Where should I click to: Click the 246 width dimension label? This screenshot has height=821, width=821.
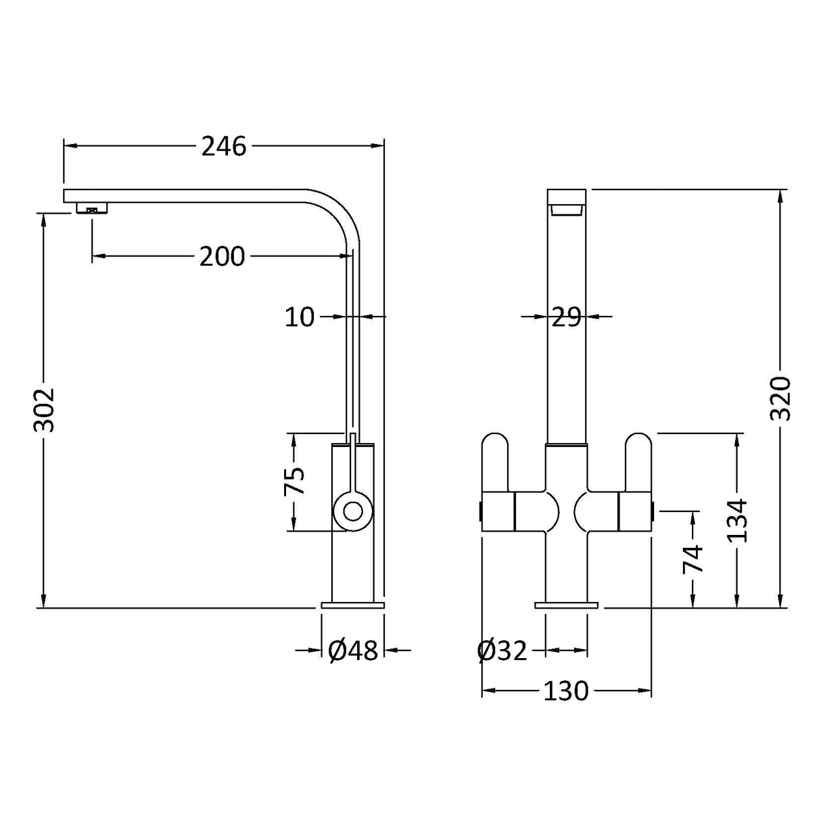pos(224,146)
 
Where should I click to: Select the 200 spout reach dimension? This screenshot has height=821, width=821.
pos(222,256)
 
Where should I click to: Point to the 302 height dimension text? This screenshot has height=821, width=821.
pos(45,409)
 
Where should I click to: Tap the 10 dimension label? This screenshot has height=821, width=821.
pos(300,316)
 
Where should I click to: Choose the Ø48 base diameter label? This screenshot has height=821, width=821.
pos(352,651)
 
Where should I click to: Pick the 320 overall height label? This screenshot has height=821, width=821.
pos(781,398)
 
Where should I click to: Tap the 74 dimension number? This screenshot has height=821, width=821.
pos(693,559)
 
